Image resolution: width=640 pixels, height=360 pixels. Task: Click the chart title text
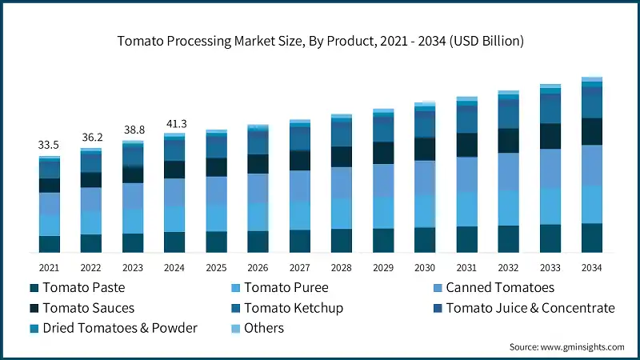320,42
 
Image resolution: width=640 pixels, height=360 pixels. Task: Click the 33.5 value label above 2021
50,145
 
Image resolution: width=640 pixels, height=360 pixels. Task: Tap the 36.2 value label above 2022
91,137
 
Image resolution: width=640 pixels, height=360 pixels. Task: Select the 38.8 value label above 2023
133,130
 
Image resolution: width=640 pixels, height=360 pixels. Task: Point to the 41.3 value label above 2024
174,123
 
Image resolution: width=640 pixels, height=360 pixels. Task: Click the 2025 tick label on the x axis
216,267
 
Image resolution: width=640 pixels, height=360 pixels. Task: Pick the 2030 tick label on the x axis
425,267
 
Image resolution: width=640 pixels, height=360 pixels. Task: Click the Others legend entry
264,328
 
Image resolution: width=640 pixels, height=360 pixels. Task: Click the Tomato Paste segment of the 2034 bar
592,238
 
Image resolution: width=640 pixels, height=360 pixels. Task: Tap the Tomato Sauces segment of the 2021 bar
50,185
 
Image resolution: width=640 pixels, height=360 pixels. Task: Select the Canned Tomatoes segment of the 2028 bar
342,182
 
